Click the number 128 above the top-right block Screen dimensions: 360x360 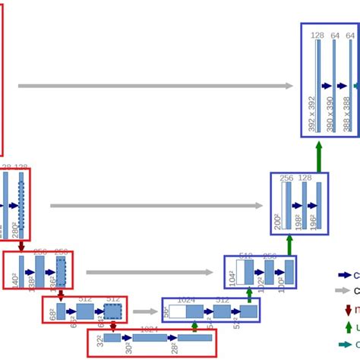coord(317,35)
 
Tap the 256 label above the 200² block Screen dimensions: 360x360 coord(286,178)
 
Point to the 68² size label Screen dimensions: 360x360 coord(52,313)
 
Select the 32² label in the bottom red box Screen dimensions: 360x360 coord(98,349)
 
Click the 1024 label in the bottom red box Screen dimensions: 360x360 coord(149,330)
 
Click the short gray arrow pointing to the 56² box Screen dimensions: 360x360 coord(141,311)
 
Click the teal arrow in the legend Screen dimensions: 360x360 coord(345,344)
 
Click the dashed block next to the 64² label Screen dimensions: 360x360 coord(112,311)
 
